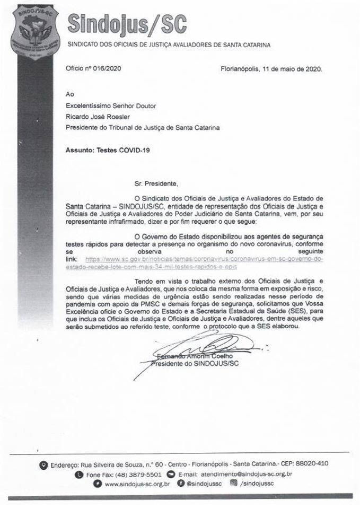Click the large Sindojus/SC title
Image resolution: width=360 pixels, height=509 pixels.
tap(129, 23)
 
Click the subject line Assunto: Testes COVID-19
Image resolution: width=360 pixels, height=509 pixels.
tap(107, 150)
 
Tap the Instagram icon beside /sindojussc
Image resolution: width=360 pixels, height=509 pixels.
tap(234, 484)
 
